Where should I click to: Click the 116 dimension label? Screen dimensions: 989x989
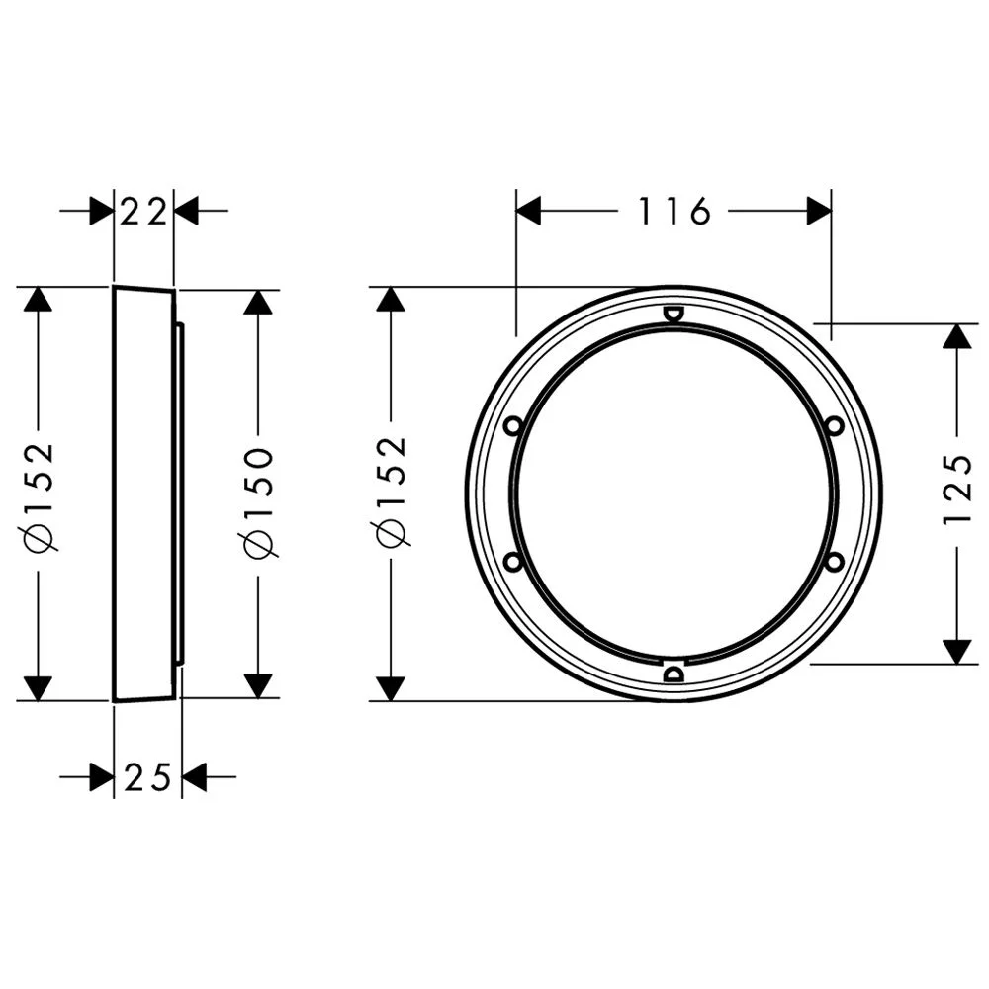coord(674,211)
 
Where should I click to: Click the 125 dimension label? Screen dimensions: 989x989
coord(958,490)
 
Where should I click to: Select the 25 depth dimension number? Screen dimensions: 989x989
coord(147,776)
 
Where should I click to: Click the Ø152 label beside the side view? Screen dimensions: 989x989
coord(40,496)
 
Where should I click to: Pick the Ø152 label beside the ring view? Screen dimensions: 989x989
coord(392,491)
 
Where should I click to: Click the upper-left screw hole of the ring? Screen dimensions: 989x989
coord(513,425)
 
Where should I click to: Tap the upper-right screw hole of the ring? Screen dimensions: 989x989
coord(835,425)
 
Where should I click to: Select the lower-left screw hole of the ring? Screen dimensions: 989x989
coord(513,561)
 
